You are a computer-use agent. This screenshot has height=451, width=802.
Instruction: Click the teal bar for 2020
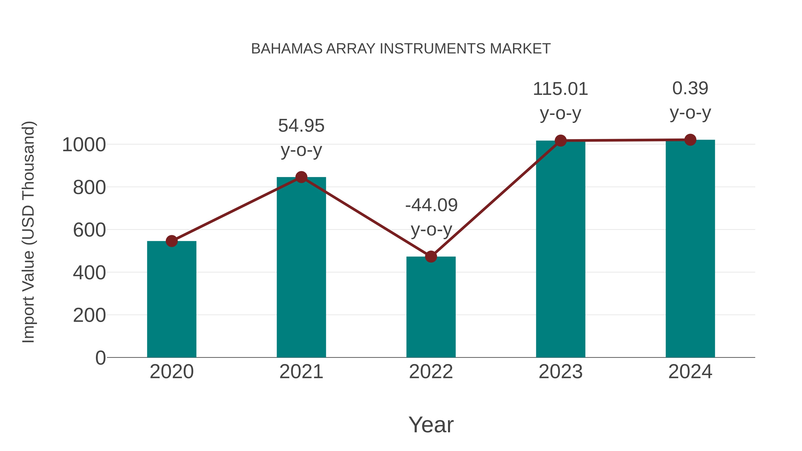coord(172,299)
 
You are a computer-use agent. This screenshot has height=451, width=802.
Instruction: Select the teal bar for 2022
coord(431,307)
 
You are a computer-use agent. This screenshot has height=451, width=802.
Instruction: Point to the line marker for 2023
coord(561,141)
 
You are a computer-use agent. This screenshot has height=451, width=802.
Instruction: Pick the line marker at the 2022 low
coord(431,257)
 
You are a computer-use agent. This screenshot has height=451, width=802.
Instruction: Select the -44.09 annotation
coord(431,205)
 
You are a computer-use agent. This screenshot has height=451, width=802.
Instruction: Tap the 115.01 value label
coord(561,89)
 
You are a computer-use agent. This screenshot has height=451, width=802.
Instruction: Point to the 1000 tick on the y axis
coord(84,145)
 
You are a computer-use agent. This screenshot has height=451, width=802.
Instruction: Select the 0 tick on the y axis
coord(100,358)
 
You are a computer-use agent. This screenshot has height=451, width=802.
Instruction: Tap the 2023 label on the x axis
coord(561,372)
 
